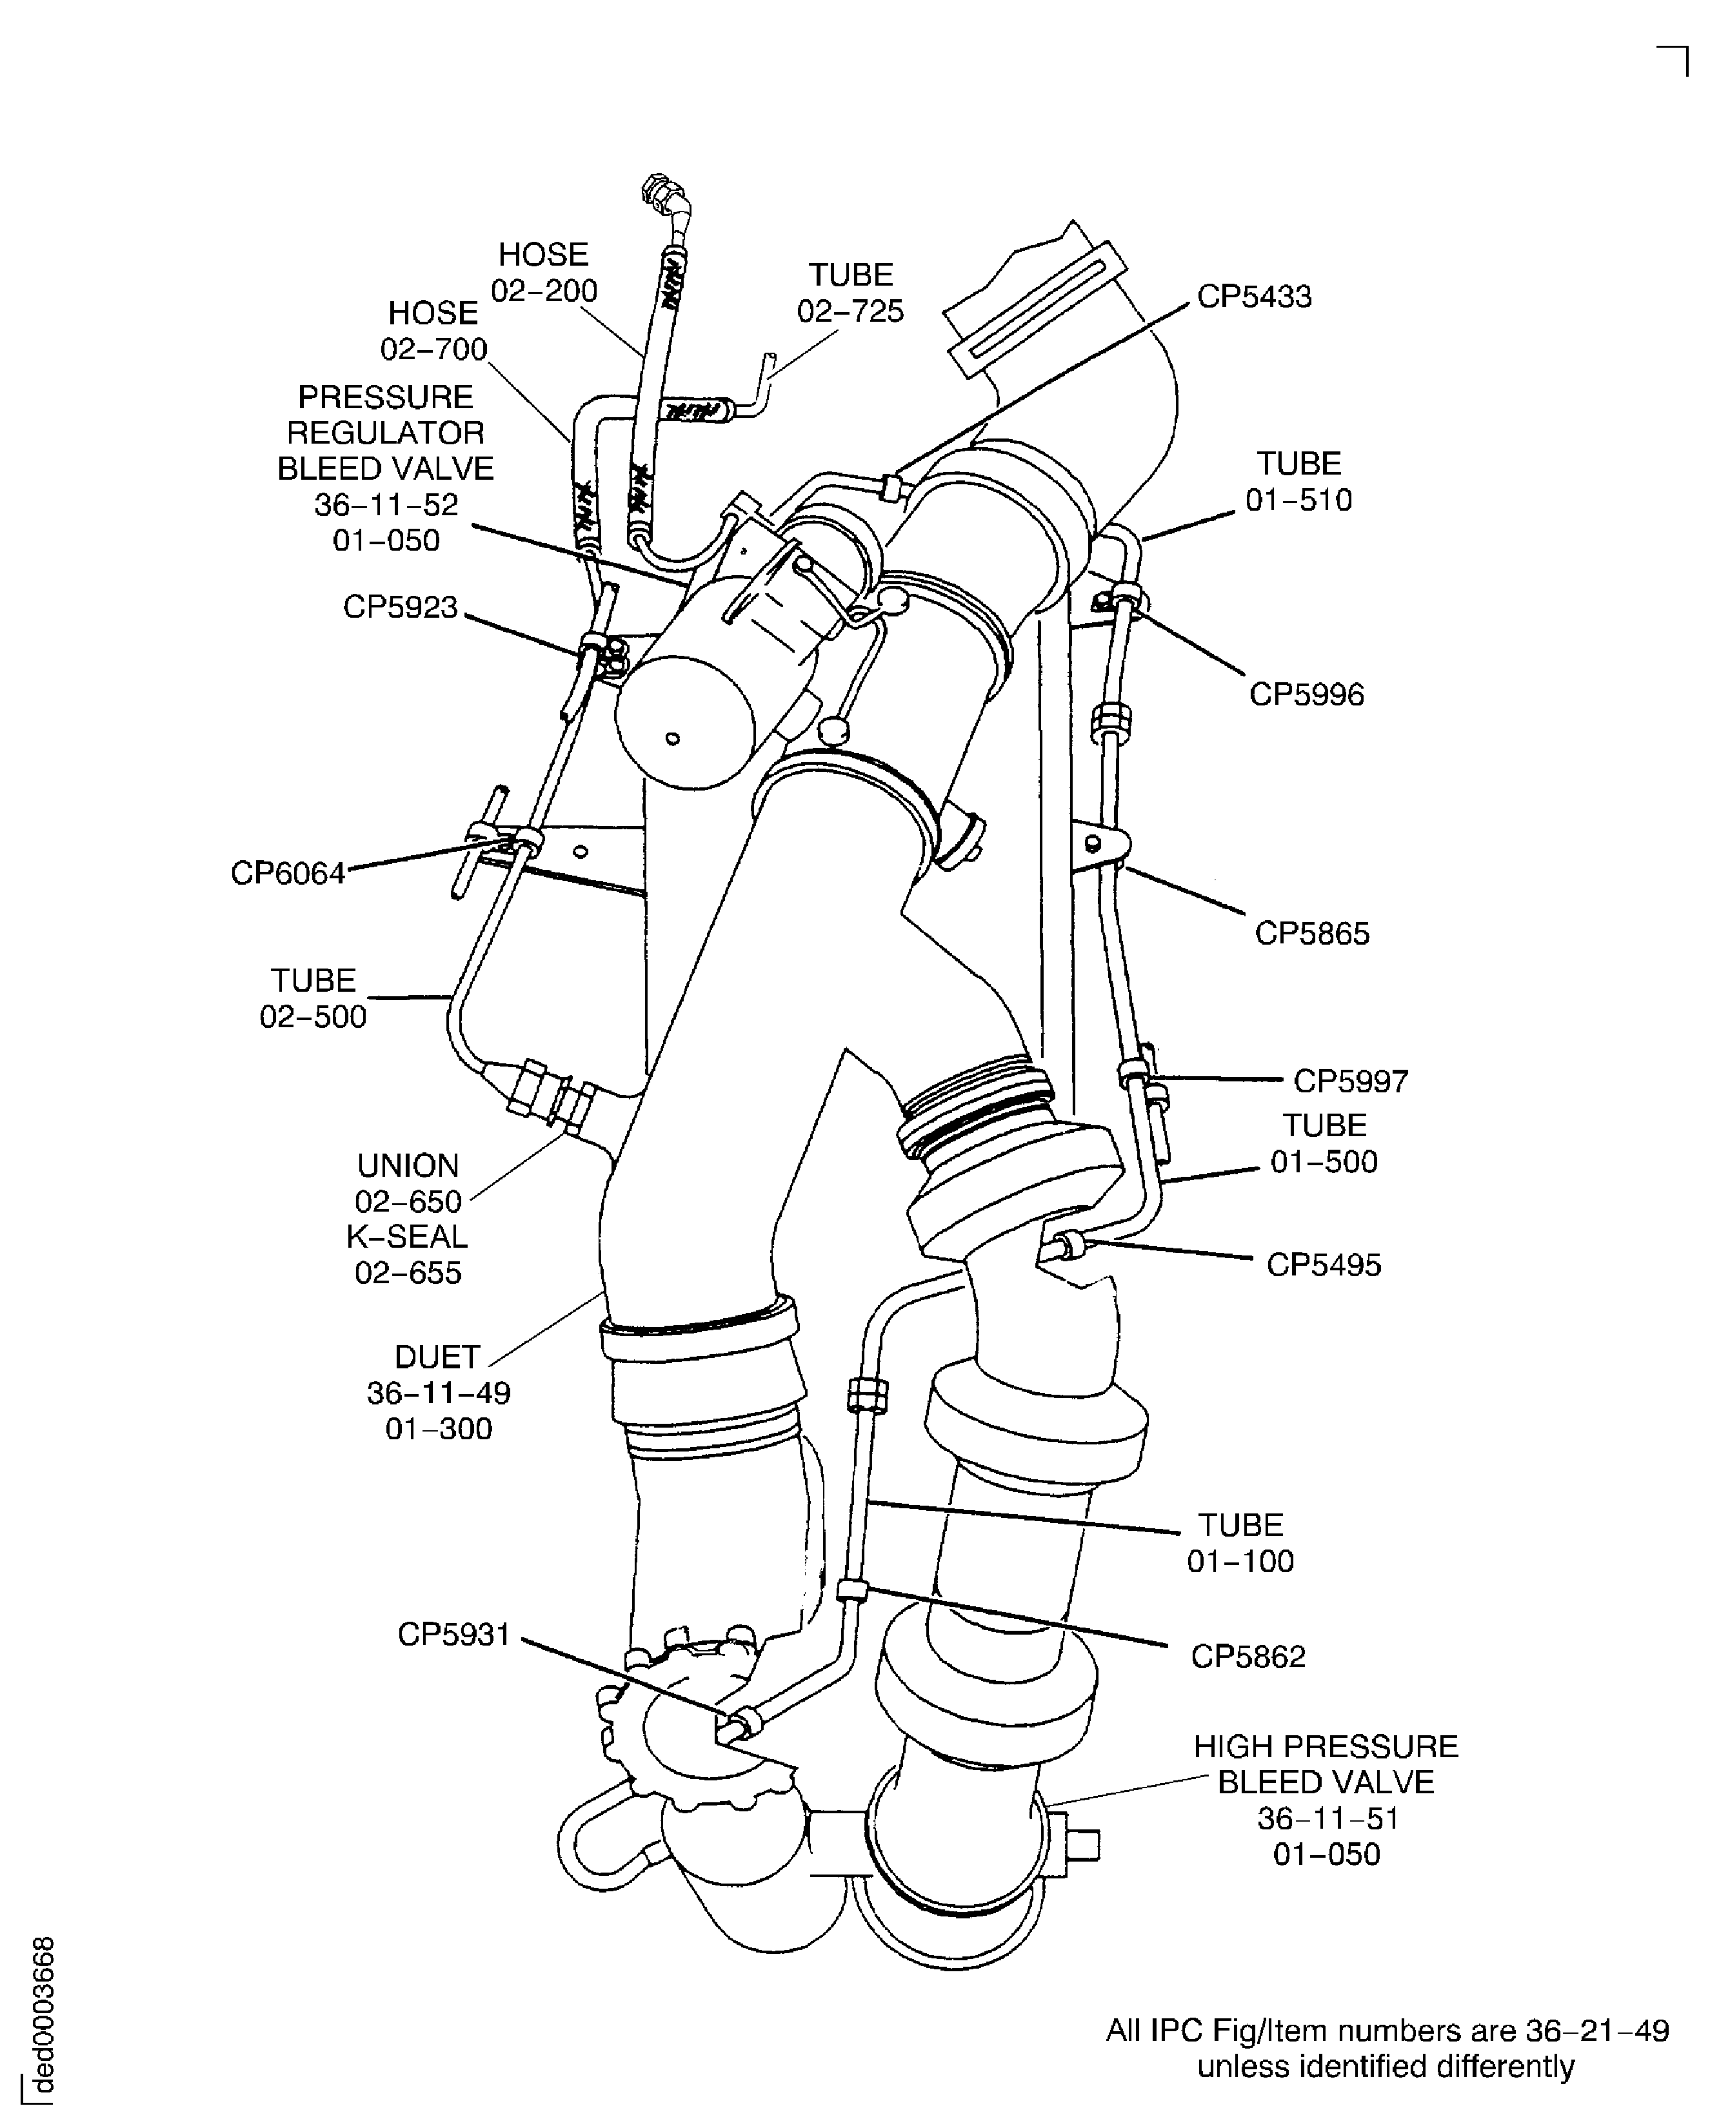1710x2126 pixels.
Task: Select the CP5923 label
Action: click(401, 606)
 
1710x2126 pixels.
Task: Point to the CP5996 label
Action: click(1307, 694)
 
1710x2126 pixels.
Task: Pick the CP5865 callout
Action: click(1311, 933)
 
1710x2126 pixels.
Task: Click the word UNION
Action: click(408, 1166)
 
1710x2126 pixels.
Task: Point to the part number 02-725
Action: click(850, 311)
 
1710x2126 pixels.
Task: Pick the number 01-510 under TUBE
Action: click(1298, 500)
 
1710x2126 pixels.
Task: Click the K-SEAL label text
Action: click(407, 1237)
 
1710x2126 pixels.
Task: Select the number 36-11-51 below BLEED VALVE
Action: click(1327, 1818)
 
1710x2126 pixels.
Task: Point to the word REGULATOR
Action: click(386, 433)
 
